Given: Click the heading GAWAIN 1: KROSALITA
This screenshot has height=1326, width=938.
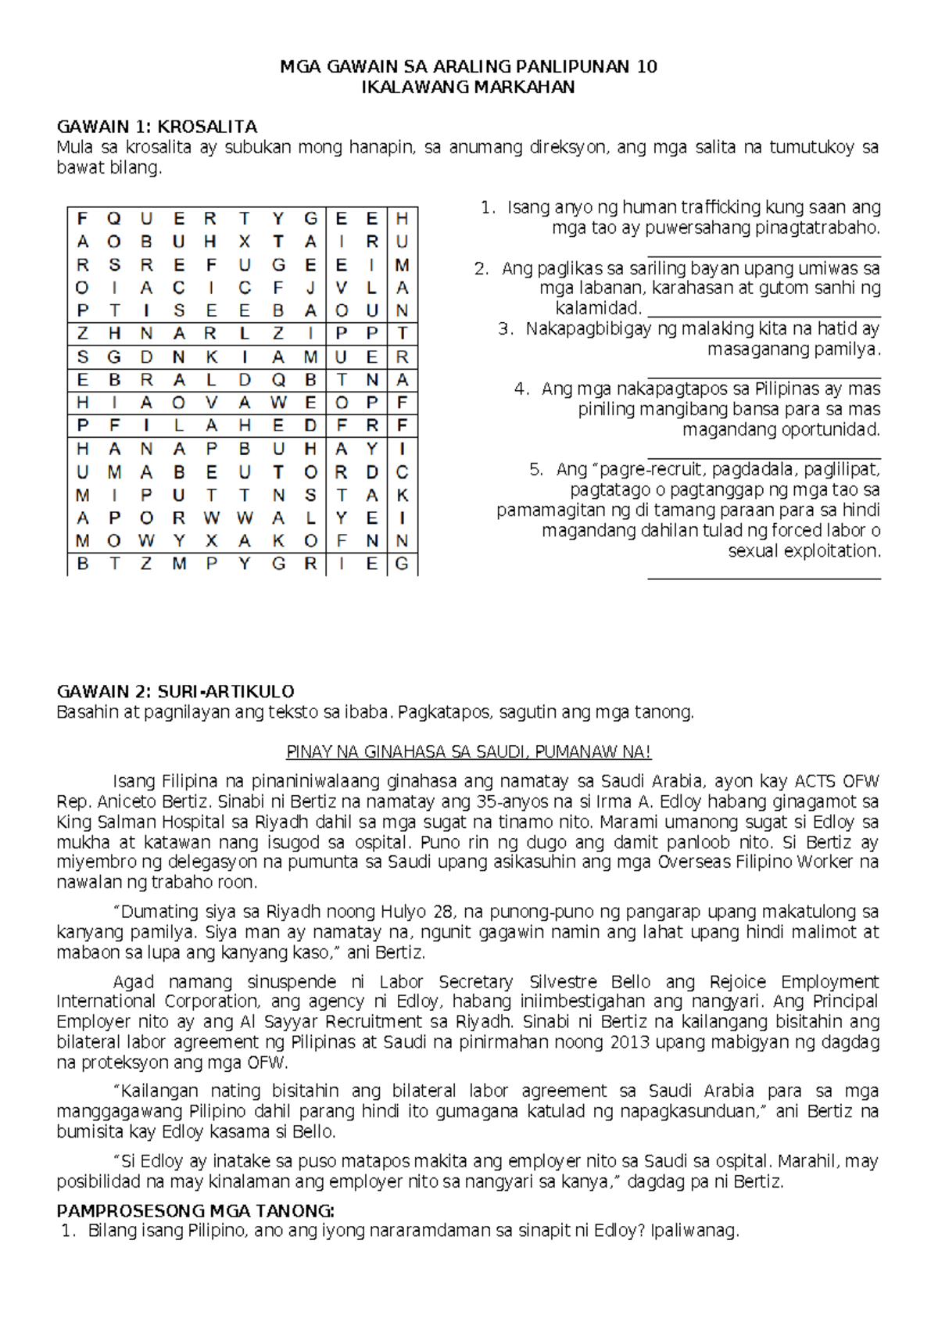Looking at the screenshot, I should tap(157, 127).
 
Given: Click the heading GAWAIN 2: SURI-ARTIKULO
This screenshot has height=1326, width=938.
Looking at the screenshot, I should tap(175, 691).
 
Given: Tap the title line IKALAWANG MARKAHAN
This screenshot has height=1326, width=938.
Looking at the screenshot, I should tap(468, 87).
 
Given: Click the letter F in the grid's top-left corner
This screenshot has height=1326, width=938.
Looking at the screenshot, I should tap(83, 219).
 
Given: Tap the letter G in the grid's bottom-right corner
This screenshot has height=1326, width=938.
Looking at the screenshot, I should tap(403, 564).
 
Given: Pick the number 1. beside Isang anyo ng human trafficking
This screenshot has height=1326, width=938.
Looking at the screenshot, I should tap(488, 208).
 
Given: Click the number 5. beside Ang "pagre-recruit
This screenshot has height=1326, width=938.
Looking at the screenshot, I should tap(536, 470).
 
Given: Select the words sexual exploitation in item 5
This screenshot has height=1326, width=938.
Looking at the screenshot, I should tap(804, 551).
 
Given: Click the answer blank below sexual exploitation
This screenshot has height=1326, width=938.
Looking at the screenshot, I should tap(764, 577).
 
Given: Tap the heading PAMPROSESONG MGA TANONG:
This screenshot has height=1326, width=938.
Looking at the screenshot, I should tap(195, 1211).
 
